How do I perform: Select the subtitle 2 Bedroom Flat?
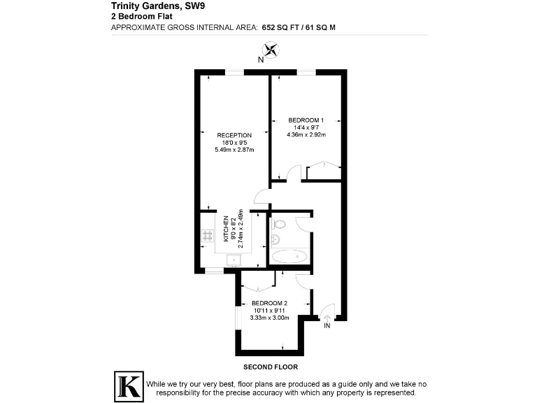coord(137,17)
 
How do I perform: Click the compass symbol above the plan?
coord(271,50)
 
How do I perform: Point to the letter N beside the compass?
coord(260,60)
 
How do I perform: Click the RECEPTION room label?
coord(234,135)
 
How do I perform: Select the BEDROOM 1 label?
coord(306,120)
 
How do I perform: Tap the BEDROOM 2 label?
coord(270,303)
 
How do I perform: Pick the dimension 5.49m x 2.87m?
coord(234,150)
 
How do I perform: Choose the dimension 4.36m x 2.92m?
coord(306,134)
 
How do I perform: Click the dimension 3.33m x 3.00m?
coord(270,318)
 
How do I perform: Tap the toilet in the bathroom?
coord(278,225)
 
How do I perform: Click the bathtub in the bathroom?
coord(289,257)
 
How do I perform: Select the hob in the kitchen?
coord(207,236)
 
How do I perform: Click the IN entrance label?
coord(327,325)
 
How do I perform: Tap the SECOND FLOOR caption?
coord(271,367)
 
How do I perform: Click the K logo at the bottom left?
coord(129,386)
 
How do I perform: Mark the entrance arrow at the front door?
coord(327,316)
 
